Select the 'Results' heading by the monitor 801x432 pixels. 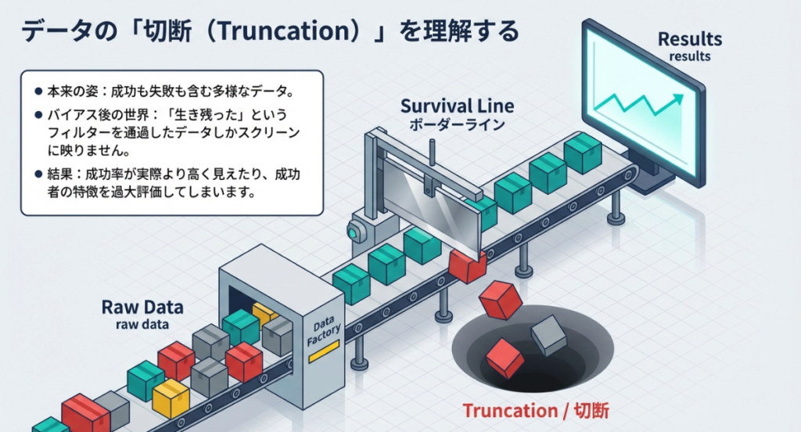[689, 38]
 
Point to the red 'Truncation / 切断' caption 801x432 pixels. [535, 411]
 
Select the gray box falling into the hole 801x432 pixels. [548, 335]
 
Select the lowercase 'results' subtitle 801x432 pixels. [689, 56]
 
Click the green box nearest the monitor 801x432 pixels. [583, 153]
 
